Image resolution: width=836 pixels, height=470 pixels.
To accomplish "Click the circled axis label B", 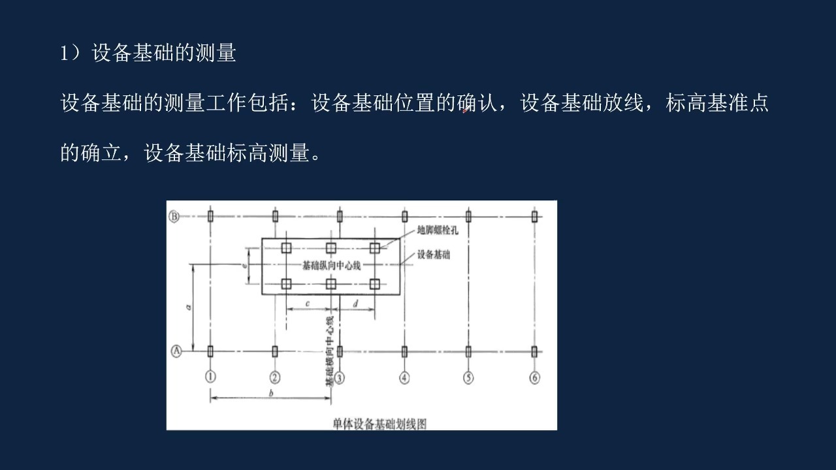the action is click(174, 216).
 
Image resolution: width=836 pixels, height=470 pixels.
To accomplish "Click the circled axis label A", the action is click(176, 351).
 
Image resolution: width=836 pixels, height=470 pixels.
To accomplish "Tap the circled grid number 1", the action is click(210, 377).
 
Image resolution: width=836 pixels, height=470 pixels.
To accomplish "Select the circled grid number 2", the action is click(275, 377).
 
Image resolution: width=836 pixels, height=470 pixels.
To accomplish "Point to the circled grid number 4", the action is click(404, 378).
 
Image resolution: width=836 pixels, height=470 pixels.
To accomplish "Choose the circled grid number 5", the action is click(468, 378).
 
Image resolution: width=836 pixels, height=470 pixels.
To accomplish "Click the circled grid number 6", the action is click(534, 378).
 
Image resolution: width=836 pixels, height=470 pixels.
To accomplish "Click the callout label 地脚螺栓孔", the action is click(438, 230).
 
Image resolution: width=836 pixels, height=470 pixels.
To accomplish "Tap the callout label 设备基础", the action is click(434, 255).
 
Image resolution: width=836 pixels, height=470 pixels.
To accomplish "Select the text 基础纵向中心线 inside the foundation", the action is click(331, 265).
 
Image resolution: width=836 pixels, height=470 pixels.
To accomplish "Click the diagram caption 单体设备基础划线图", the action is click(379, 424).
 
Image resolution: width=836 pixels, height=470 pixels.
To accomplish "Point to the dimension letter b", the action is click(271, 393).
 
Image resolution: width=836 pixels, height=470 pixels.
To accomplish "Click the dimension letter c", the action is click(308, 304).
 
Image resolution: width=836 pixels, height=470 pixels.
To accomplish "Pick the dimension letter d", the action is click(355, 304).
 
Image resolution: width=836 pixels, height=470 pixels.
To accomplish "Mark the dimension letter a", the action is click(189, 307).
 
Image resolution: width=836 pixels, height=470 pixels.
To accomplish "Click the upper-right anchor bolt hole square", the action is click(375, 247).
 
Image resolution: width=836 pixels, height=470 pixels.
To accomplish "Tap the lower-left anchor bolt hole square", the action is click(286, 284).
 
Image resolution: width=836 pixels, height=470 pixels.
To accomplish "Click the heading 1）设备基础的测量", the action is click(148, 53).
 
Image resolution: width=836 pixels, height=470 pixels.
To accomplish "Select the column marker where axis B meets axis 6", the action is click(534, 216).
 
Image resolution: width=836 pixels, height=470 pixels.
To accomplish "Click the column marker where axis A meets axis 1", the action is click(210, 351).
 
